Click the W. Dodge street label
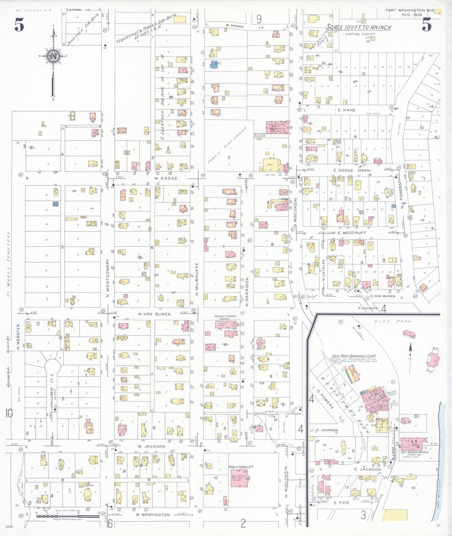click(166, 178)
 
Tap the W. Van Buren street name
click(154, 314)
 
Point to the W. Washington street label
click(153, 515)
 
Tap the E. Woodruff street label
click(348, 233)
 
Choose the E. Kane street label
click(347, 110)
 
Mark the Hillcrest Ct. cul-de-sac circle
click(53, 365)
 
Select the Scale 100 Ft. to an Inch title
click(358, 27)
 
